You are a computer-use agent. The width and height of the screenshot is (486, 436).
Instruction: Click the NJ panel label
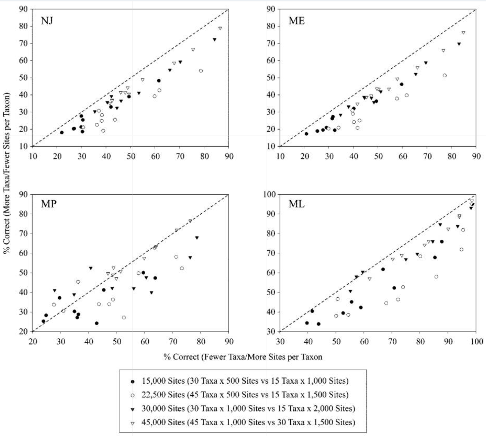tap(47, 21)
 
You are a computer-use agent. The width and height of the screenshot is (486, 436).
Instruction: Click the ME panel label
tap(296, 21)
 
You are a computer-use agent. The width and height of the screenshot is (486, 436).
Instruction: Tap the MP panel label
tap(48, 204)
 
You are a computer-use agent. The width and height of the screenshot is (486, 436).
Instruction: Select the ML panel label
tap(296, 204)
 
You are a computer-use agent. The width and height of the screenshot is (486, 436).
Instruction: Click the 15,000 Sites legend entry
tap(245, 381)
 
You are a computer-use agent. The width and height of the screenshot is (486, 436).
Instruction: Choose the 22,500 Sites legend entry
tap(245, 395)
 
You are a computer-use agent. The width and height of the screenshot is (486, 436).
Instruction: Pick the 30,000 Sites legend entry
tap(248, 408)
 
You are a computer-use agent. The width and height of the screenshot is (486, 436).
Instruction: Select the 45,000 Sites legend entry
tap(248, 422)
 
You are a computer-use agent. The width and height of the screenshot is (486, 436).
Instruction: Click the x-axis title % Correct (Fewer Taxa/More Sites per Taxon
tap(243, 357)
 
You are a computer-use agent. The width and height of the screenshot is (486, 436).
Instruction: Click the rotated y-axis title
tap(7, 173)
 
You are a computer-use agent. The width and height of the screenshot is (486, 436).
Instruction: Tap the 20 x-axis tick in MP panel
tap(33, 341)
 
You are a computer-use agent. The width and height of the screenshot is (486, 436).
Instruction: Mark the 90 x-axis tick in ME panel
tap(476, 156)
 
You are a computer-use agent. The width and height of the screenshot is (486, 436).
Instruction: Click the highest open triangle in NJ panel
tap(220, 28)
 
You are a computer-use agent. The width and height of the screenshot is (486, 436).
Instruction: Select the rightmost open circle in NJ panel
tap(201, 71)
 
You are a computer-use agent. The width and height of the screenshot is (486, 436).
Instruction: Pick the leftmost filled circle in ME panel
tap(306, 134)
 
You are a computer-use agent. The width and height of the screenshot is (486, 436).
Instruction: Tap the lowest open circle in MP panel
tap(124, 317)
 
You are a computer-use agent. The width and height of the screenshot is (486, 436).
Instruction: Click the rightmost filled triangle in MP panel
tap(197, 238)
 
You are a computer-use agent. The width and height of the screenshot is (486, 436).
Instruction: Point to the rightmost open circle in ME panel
tap(445, 75)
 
